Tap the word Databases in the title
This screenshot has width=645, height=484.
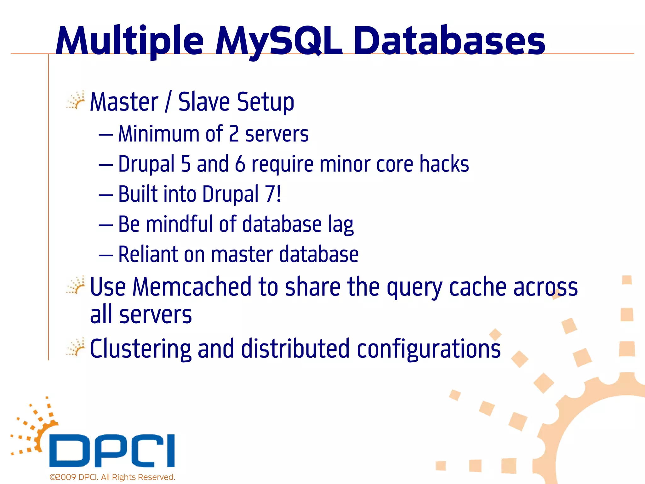point(449,41)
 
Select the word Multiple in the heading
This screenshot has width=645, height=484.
point(130,41)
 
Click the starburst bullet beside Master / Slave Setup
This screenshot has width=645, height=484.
point(76,101)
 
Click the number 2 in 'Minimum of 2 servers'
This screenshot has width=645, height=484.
point(234,134)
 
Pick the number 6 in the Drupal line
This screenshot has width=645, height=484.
point(240,164)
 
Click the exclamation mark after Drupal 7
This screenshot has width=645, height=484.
point(278,193)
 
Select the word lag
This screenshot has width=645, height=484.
point(341,225)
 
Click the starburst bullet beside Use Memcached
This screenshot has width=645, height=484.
point(76,285)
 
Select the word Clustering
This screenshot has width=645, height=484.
point(140,349)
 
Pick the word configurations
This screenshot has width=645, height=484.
point(429,349)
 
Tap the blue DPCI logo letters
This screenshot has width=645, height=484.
point(112,451)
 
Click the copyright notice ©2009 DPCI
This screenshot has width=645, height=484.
point(112,477)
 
